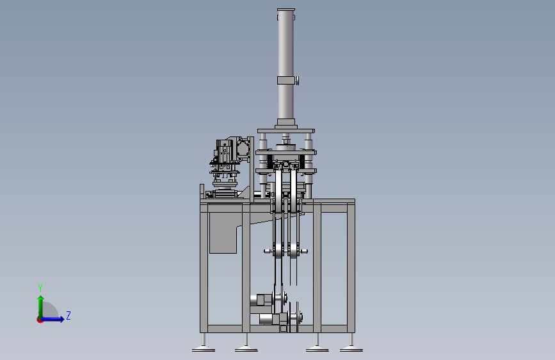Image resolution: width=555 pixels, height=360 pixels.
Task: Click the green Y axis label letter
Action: (40, 288)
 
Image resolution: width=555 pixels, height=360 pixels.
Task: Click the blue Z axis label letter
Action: (68, 315)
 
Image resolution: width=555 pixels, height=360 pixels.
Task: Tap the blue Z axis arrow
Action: (52, 319)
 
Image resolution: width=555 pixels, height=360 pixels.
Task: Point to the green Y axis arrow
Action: (41, 307)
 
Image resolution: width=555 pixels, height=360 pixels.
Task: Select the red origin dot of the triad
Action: (40, 320)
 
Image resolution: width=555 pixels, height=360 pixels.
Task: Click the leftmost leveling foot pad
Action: (204, 350)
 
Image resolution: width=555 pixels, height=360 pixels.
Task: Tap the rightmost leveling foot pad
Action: (351, 350)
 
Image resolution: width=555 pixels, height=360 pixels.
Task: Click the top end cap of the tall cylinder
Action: (286, 10)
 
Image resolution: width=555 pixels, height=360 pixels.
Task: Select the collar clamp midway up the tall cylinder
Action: (286, 81)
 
